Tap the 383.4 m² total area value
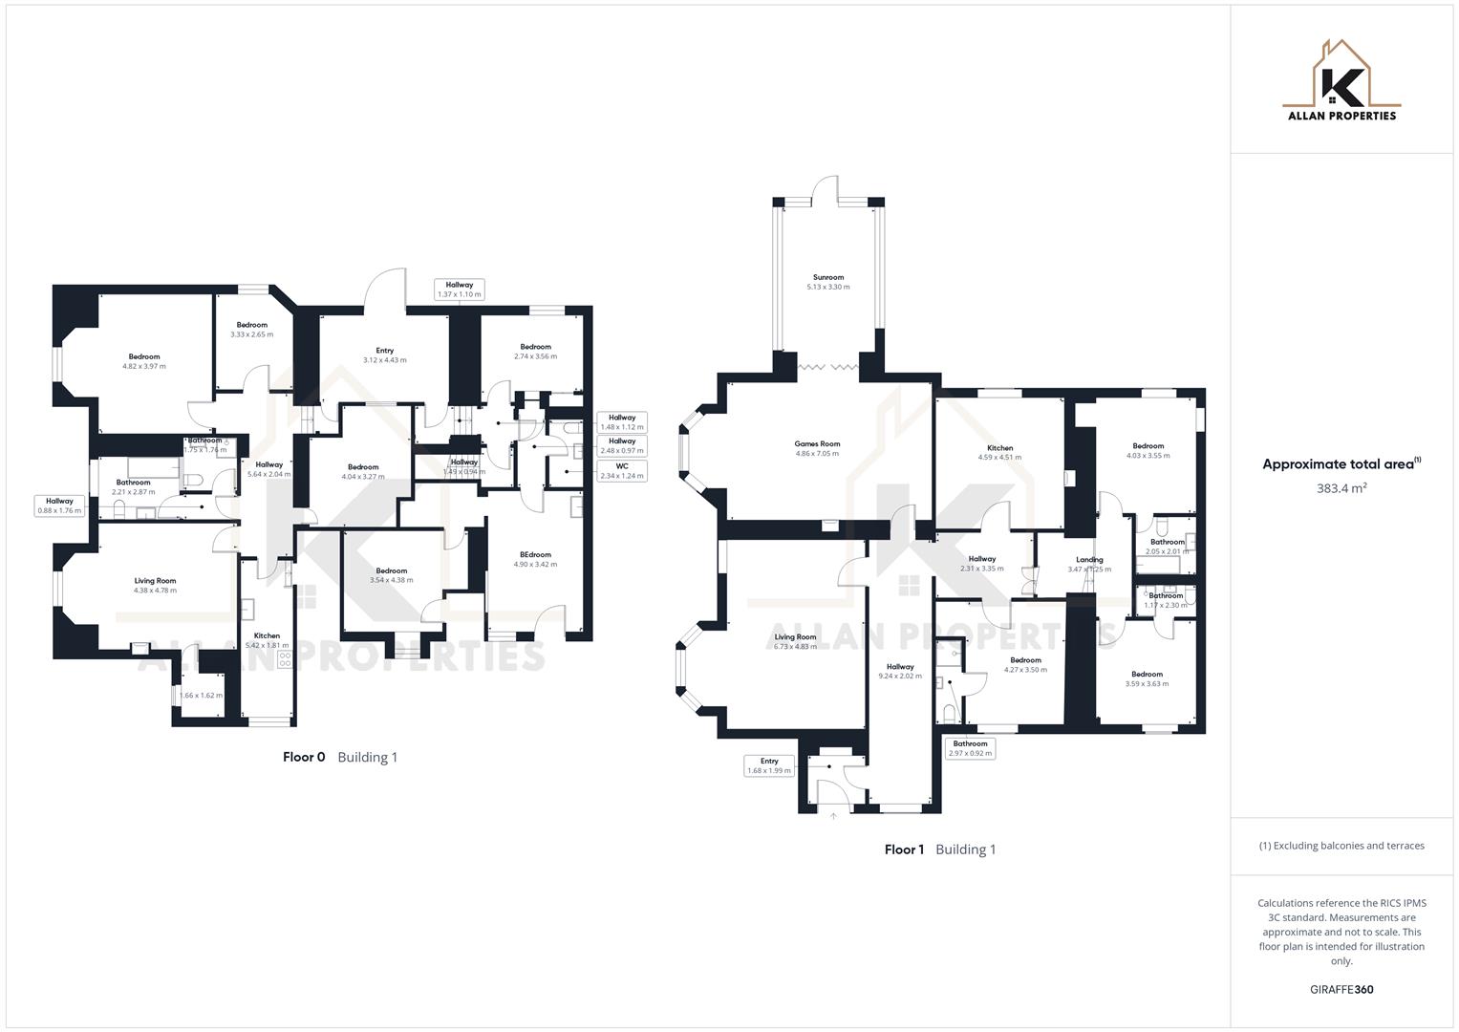[1341, 488]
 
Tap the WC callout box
[622, 471]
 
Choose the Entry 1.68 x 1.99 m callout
[769, 765]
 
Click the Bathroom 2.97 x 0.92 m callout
[970, 748]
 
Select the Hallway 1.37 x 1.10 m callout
[460, 290]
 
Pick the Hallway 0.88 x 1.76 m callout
[59, 505]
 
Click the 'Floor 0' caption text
[304, 758]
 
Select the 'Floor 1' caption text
[904, 849]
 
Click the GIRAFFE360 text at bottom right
[1341, 990]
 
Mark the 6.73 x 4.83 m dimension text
[795, 647]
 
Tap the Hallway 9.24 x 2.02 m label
[900, 671]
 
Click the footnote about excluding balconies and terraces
[1341, 846]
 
